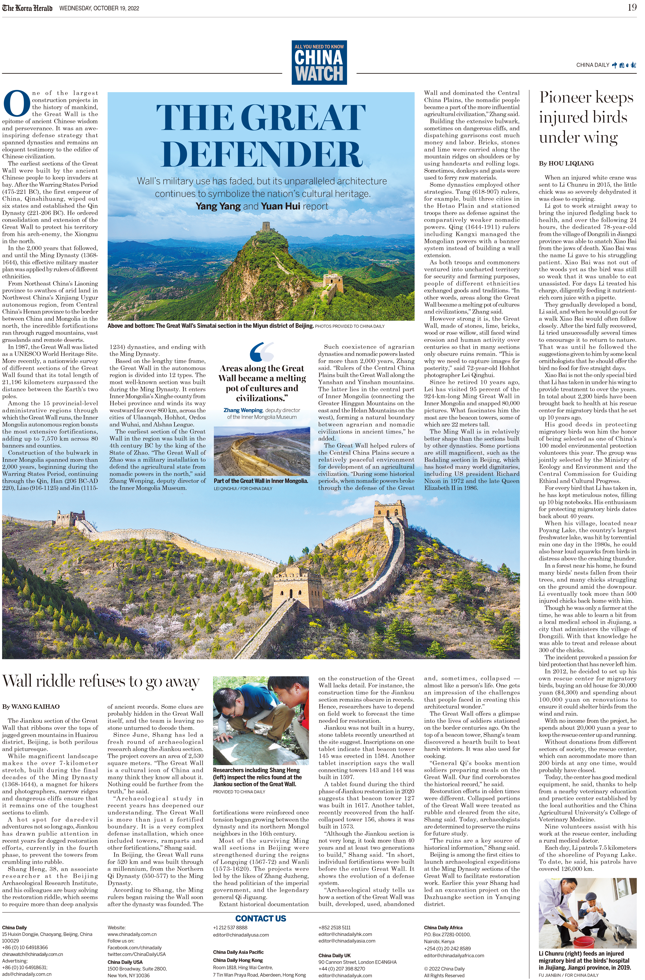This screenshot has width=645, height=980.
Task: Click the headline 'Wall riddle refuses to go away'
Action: coord(101,681)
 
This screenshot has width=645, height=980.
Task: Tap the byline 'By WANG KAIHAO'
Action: coord(31,707)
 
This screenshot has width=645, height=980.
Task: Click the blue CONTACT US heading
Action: coord(261,918)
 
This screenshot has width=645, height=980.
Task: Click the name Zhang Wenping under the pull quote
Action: coord(243,410)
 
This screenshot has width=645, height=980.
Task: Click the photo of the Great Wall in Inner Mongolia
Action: coord(262,451)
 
